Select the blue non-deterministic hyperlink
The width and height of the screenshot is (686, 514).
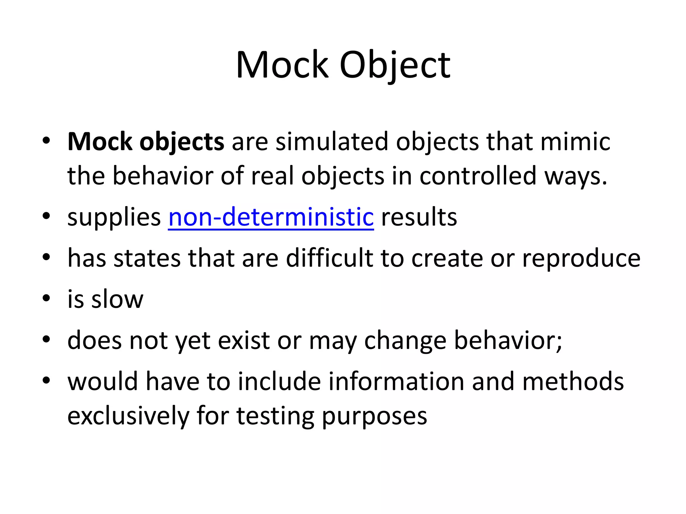pos(271,217)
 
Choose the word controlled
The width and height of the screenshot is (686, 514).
pos(478,176)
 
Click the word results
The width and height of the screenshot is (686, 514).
pos(419,217)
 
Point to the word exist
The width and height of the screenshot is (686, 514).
pos(244,341)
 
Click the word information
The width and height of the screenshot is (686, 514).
pos(396,381)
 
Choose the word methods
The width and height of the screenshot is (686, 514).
pos(573,381)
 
